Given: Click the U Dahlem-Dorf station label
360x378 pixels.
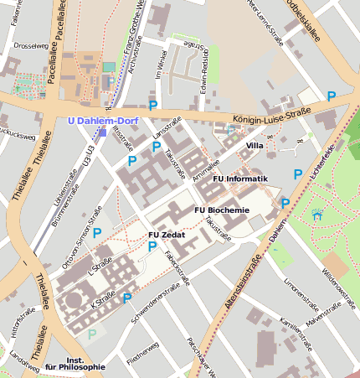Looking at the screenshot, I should (x=101, y=120).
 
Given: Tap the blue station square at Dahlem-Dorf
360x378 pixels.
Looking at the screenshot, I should (x=102, y=132).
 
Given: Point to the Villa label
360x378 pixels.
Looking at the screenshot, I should (x=255, y=146).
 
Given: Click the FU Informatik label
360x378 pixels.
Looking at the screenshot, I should (x=240, y=179).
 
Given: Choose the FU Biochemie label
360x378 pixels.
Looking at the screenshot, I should (x=222, y=210).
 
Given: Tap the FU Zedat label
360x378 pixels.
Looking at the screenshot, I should (x=167, y=235).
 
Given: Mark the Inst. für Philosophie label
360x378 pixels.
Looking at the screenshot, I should (x=75, y=361).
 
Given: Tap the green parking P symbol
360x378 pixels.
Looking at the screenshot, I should (x=91, y=334).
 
